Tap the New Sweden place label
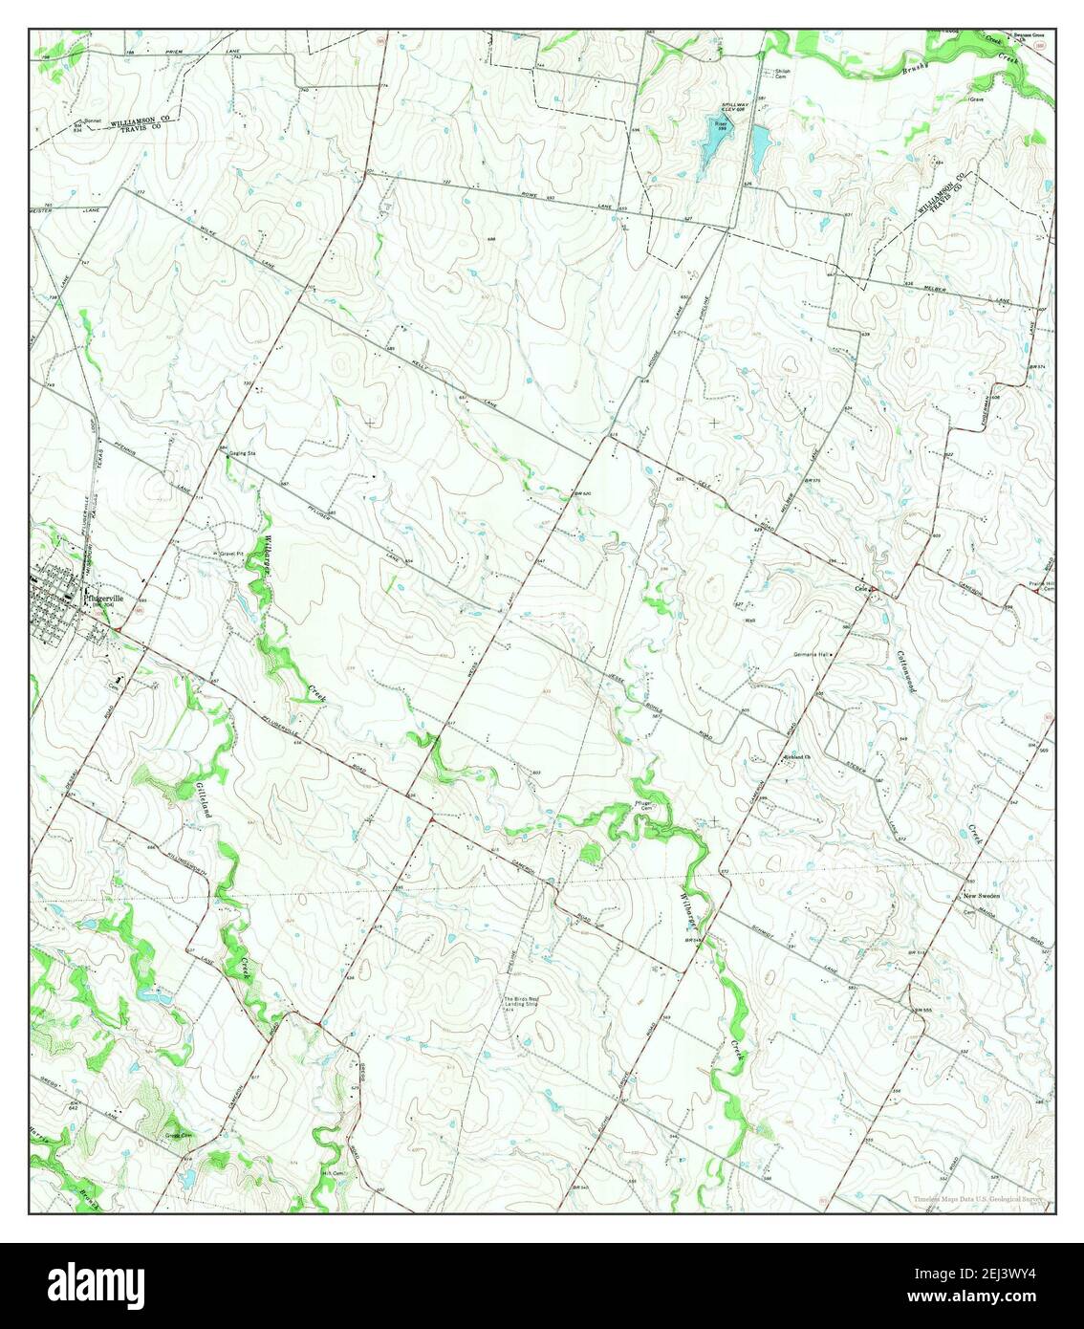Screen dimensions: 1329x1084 click(981, 895)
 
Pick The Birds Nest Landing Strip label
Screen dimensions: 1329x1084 click(529, 1004)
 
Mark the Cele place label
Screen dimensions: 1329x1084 click(860, 589)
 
